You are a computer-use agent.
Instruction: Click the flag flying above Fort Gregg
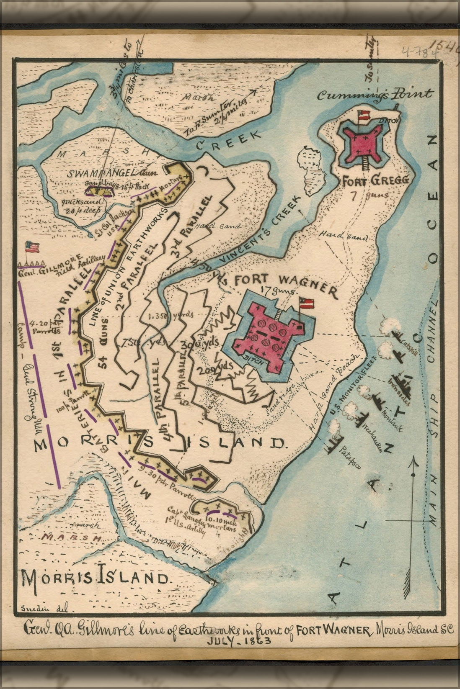click(x=362, y=115)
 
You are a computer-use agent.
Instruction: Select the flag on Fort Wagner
click(x=306, y=302)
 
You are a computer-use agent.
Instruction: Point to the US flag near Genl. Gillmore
click(x=32, y=247)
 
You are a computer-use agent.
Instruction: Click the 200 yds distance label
click(x=222, y=365)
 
